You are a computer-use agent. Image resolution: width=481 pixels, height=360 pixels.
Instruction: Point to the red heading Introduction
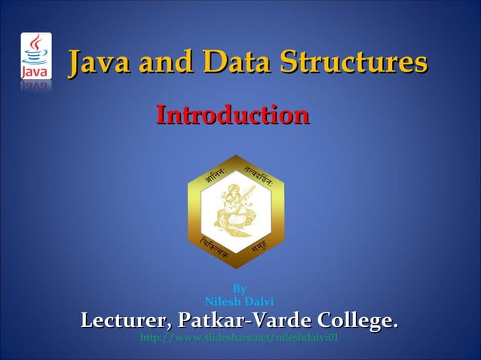232,115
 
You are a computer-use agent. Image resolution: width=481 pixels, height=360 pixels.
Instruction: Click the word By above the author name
239,288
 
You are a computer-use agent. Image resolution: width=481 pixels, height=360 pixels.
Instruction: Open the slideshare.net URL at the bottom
239,339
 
